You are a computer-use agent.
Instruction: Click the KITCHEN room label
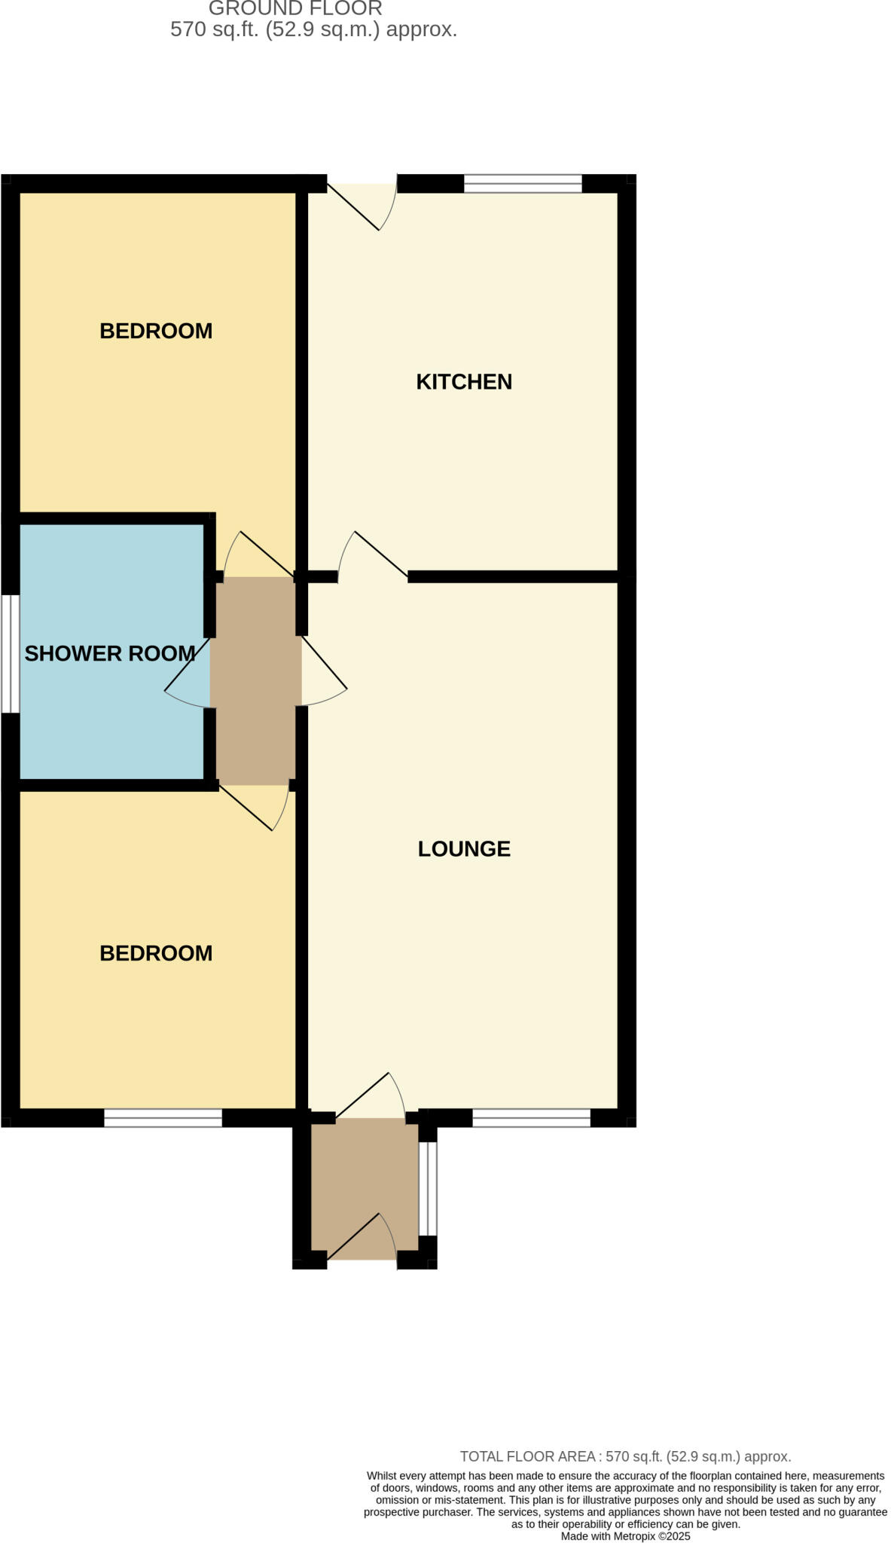click(464, 382)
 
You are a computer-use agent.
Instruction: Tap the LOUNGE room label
click(464, 849)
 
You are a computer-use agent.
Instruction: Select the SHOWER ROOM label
click(110, 653)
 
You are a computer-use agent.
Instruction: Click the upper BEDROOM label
click(156, 331)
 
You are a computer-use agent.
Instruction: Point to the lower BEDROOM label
click(156, 953)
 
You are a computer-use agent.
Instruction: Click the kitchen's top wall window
click(523, 183)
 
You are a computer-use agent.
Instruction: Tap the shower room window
click(10, 654)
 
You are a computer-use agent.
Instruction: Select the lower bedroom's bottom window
click(163, 1118)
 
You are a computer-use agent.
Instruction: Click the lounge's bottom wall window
click(531, 1118)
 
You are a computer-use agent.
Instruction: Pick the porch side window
click(428, 1189)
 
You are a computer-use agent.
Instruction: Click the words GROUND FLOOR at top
click(295, 9)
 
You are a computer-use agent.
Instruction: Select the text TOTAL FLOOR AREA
click(527, 1456)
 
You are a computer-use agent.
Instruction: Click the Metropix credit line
click(625, 1535)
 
